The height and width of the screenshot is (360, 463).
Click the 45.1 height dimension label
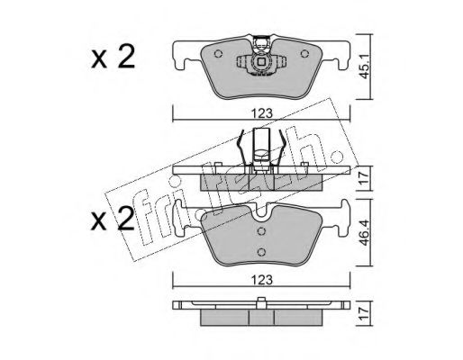[x=365, y=67]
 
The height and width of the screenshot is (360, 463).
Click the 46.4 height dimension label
[x=365, y=233]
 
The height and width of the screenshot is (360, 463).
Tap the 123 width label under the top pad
[x=262, y=113]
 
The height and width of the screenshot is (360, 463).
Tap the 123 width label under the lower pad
[x=262, y=280]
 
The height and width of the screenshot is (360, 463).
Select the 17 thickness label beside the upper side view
[x=365, y=178]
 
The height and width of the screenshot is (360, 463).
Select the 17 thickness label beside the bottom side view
[x=365, y=313]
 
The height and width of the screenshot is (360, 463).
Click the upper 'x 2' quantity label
[x=113, y=57]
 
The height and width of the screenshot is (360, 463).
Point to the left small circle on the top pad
[x=218, y=54]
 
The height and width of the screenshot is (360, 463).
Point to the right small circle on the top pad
[x=304, y=54]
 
